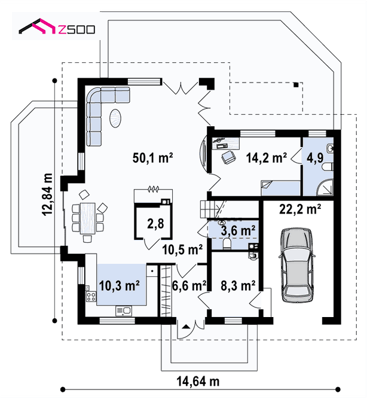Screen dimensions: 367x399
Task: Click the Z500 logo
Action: coord(57,26)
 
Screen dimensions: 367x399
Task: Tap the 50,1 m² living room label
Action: coord(152,157)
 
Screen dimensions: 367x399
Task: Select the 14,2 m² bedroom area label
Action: coord(267,157)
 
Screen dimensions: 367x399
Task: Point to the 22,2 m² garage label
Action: coord(300,209)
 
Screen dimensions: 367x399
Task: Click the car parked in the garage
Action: coord(297,265)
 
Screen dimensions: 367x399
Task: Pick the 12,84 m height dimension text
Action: coord(48,194)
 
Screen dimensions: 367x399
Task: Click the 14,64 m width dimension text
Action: coord(198,381)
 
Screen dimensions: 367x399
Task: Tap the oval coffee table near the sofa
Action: coord(115,118)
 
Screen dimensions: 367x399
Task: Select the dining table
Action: coord(88,218)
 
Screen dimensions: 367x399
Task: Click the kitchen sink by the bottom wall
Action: coord(124,310)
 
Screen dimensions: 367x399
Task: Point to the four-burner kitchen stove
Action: coord(91,297)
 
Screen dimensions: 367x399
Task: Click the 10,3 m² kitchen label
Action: coord(119,285)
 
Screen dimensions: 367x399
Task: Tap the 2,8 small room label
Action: coord(155,224)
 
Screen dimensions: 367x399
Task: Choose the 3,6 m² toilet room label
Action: coord(238,230)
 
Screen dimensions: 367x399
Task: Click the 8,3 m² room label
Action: coord(238,285)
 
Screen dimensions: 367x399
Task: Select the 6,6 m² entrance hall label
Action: coord(189,285)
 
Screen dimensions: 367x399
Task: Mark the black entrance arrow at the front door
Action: coord(186,327)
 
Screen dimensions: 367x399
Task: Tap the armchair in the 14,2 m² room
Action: coord(228,157)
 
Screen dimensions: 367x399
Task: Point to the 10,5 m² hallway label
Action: coord(182,249)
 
